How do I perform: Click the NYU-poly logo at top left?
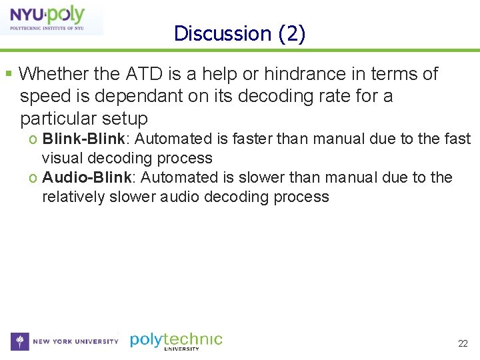51,18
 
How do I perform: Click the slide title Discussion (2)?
239,33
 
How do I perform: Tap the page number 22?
463,343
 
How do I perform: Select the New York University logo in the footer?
65,341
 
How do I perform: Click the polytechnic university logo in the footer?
176,341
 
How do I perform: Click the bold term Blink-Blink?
83,139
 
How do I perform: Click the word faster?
236,139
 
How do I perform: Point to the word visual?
62,158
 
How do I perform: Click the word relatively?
73,197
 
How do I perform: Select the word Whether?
49,74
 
